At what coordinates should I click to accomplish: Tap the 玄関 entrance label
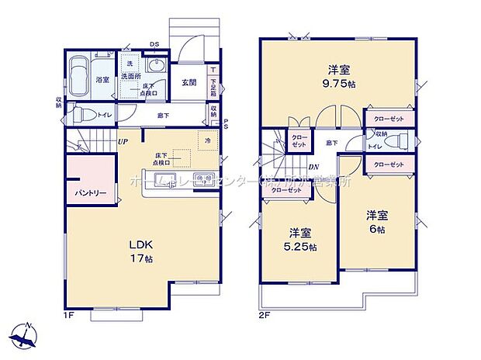click(x=189, y=83)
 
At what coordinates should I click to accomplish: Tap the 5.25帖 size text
click(x=302, y=247)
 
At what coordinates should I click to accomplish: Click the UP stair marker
click(x=123, y=141)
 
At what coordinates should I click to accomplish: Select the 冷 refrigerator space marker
click(x=207, y=142)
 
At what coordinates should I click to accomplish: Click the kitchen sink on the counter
click(x=204, y=180)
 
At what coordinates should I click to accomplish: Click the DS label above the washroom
click(x=154, y=44)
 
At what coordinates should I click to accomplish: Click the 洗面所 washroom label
click(x=133, y=77)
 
